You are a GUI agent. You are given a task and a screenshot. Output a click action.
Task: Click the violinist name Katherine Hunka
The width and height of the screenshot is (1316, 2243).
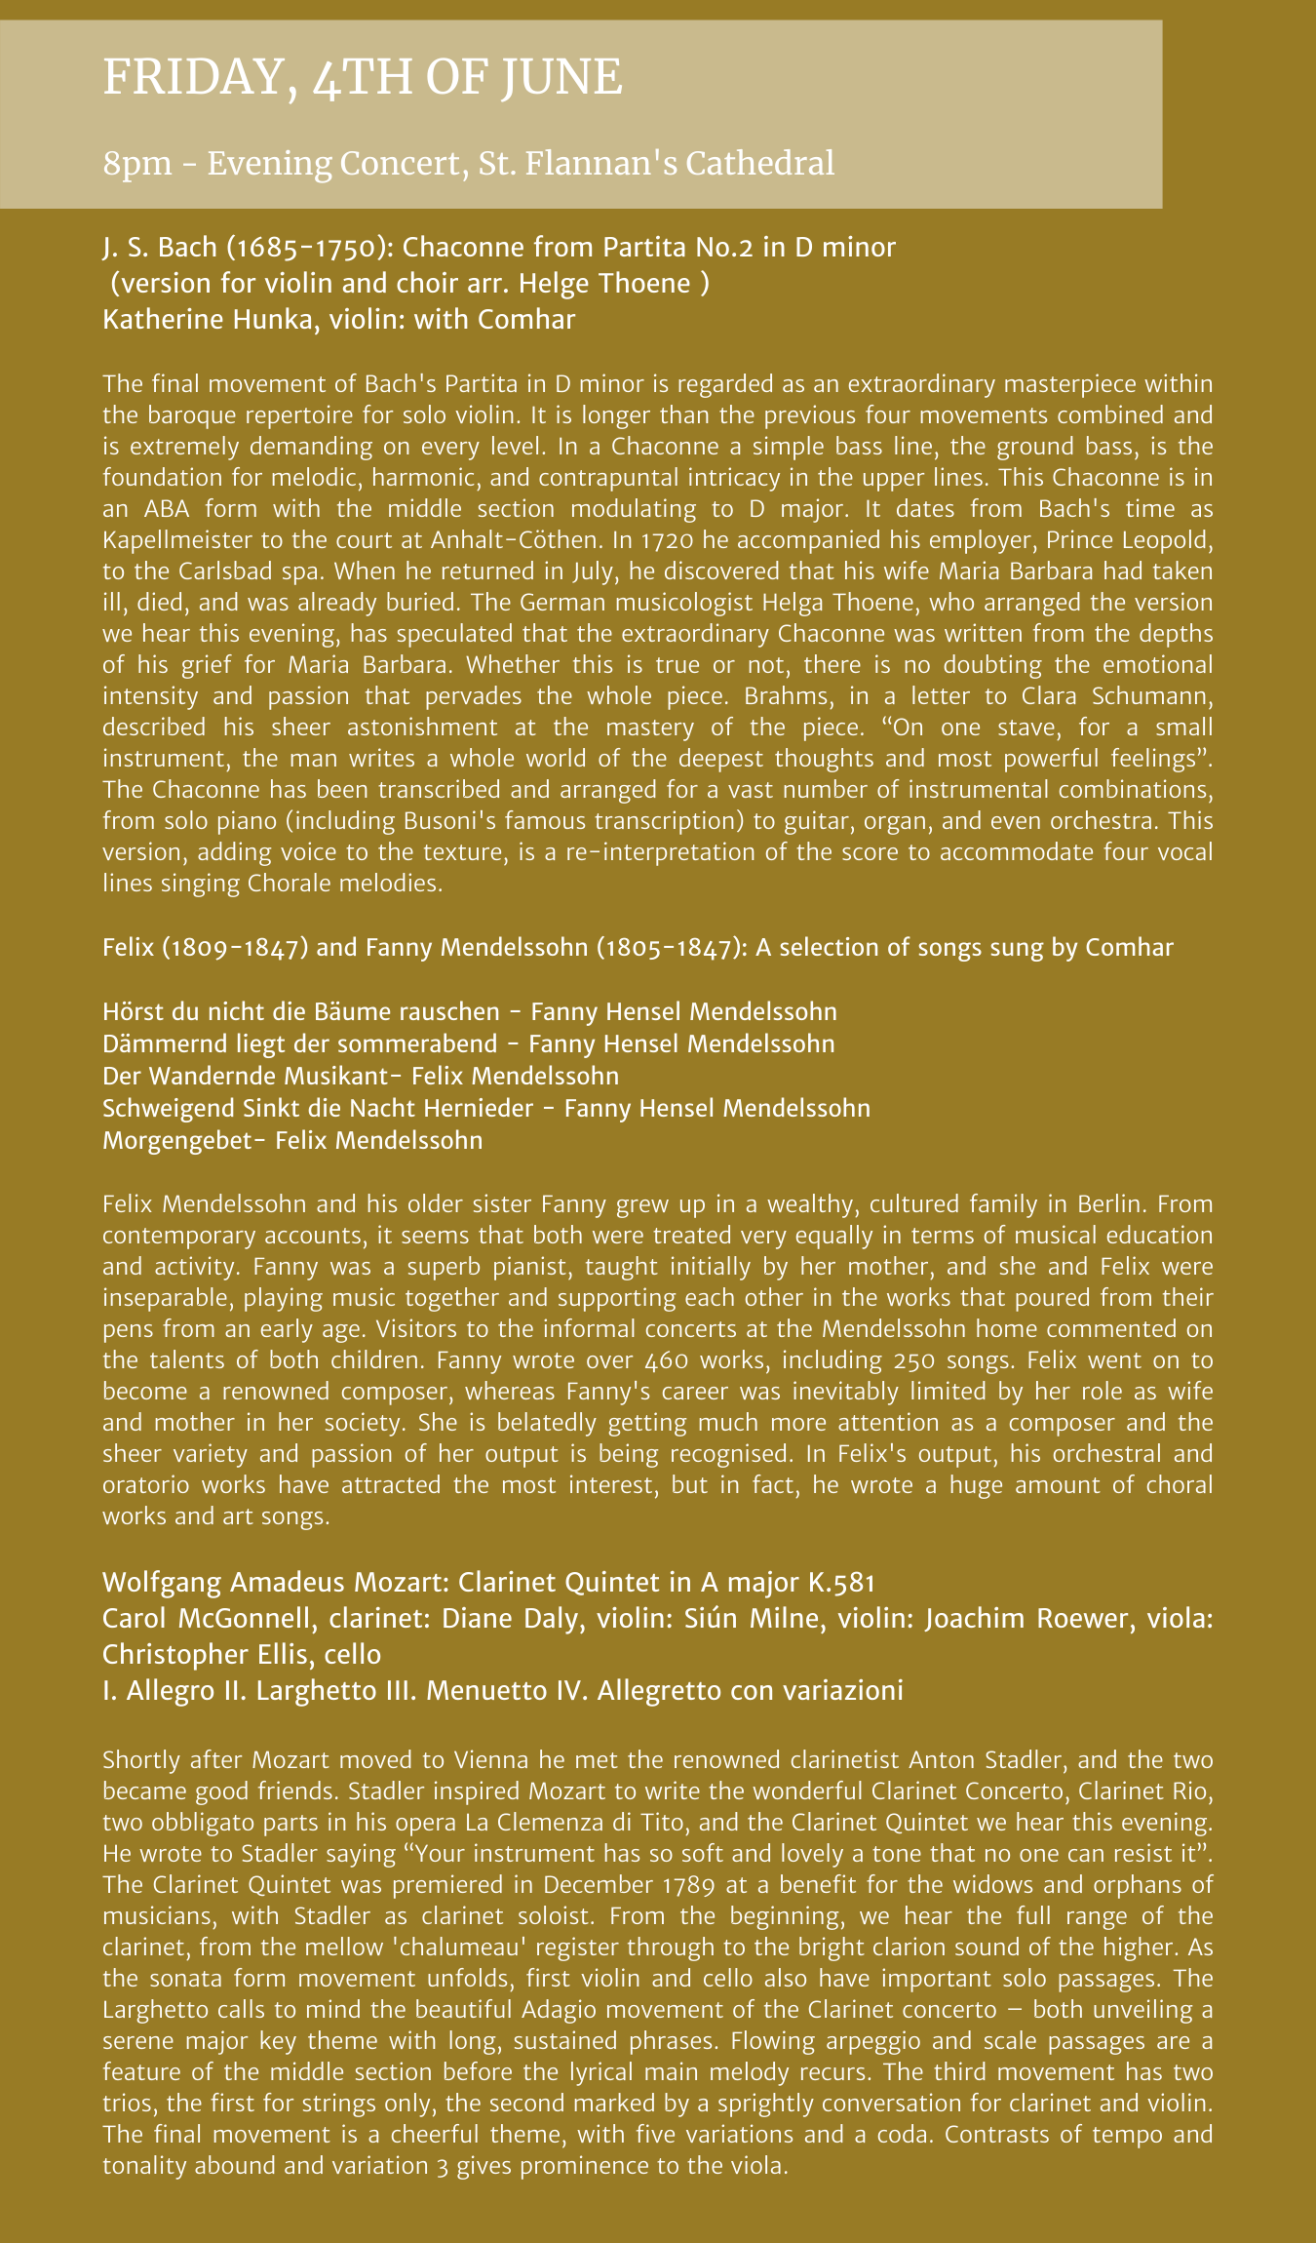tap(206, 320)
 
